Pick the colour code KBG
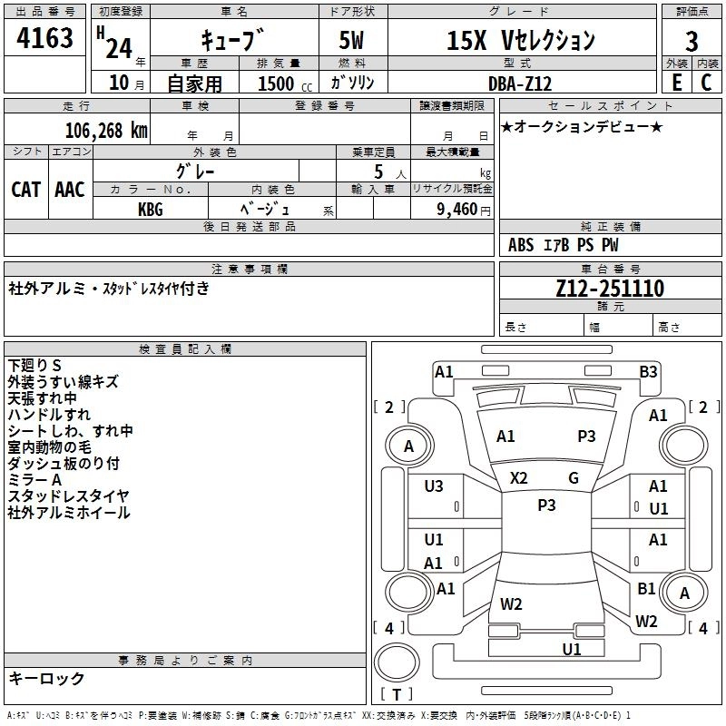click(151, 208)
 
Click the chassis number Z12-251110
click(610, 289)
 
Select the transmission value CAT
click(26, 190)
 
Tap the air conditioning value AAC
click(70, 190)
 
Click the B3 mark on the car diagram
click(648, 370)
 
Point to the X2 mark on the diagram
click(519, 478)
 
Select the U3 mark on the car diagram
click(434, 486)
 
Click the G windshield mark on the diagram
click(574, 478)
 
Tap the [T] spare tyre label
click(397, 695)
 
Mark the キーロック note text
click(47, 678)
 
